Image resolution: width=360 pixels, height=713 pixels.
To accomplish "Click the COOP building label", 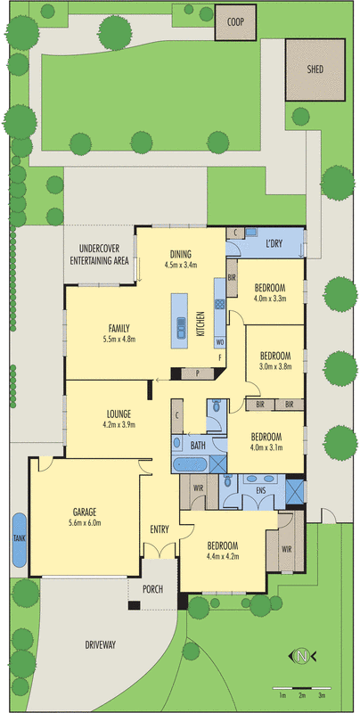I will (x=236, y=21).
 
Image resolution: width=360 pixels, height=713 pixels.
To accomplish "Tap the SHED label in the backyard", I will (x=315, y=70).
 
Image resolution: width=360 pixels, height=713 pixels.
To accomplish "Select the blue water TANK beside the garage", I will (x=19, y=539).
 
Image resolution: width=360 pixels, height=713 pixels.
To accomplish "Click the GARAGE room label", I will (x=86, y=512).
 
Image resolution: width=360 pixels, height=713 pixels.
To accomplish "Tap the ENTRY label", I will (x=160, y=530).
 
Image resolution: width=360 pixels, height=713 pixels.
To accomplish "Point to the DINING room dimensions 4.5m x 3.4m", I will (x=180, y=265).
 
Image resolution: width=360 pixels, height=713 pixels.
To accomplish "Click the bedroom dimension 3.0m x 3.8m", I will (x=275, y=366).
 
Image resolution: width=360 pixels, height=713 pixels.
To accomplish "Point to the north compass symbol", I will (x=302, y=657).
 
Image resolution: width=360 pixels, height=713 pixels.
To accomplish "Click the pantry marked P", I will (x=197, y=373).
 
